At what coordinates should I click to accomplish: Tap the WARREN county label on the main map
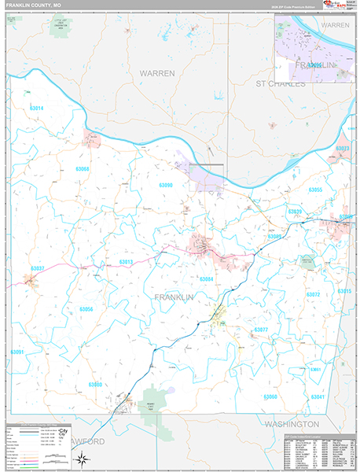157,72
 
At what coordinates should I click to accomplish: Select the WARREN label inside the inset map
336,25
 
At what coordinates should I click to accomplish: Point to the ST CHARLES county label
279,83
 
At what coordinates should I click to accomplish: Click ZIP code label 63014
36,108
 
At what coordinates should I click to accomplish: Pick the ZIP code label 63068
83,169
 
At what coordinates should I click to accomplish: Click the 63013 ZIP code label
127,261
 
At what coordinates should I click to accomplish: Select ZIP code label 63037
38,268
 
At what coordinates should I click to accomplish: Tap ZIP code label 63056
86,309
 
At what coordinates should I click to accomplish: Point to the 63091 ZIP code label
17,352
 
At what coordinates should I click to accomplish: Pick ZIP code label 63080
95,384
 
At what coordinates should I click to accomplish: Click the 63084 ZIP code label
206,279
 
